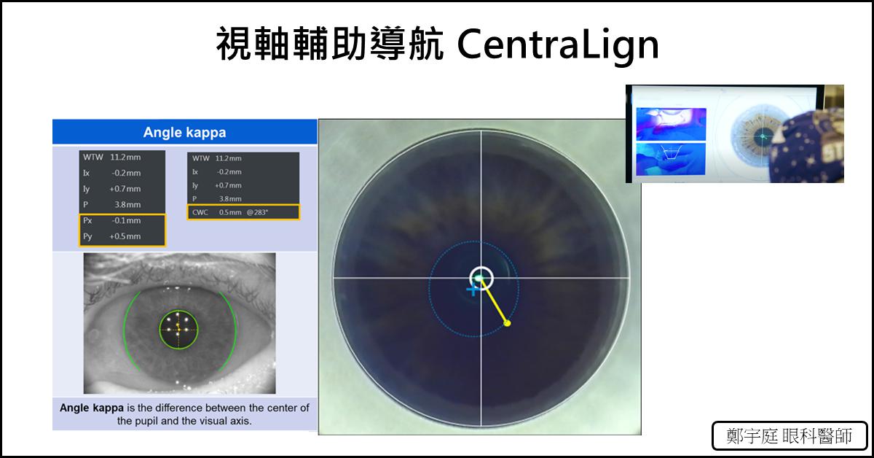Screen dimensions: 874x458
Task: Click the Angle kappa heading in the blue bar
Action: point(184,133)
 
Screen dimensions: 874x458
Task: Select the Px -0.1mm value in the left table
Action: point(112,220)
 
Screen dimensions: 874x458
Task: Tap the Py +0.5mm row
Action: point(112,236)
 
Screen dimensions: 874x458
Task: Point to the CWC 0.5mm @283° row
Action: point(243,212)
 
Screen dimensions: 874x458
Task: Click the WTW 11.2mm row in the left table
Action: point(112,157)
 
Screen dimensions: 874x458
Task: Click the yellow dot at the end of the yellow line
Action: point(507,323)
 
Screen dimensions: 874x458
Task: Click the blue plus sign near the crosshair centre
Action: point(473,290)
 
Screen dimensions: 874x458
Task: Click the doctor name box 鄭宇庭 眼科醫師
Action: point(790,435)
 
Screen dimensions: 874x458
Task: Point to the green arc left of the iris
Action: point(125,330)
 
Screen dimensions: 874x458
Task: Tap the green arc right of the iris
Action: point(236,330)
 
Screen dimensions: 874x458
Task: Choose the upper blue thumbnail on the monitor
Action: point(671,124)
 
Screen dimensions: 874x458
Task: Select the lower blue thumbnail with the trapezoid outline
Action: point(671,159)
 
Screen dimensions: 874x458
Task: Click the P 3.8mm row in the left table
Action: point(112,204)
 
